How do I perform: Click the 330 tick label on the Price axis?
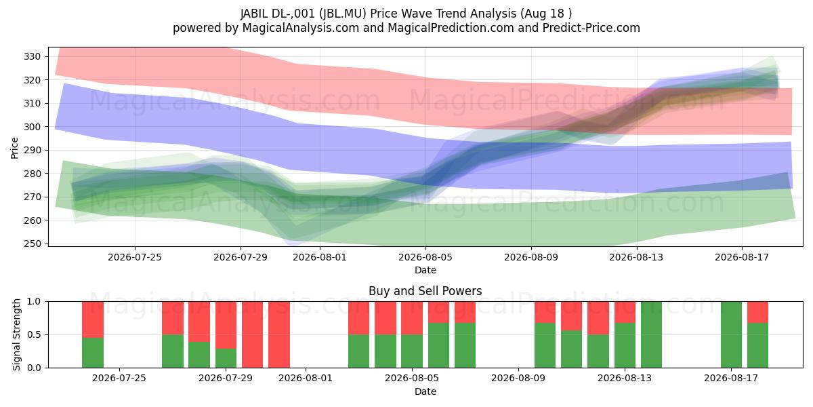pyautogui.click(x=32, y=57)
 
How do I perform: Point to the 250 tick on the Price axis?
pyautogui.click(x=32, y=244)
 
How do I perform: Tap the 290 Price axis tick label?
pyautogui.click(x=32, y=150)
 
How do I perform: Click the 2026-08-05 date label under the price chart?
pyautogui.click(x=425, y=257)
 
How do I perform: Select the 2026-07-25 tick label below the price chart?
pyautogui.click(x=135, y=257)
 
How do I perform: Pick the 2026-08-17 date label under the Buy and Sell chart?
pyautogui.click(x=731, y=379)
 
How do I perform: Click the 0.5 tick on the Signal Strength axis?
pyautogui.click(x=34, y=334)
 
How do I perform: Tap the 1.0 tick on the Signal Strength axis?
pyautogui.click(x=34, y=302)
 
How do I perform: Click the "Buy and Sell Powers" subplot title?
pyautogui.click(x=425, y=291)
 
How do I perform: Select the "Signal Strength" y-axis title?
pyautogui.click(x=16, y=334)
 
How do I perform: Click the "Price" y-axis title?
pyautogui.click(x=14, y=148)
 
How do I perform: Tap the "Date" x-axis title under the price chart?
pyautogui.click(x=425, y=270)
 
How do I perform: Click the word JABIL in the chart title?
pyautogui.click(x=254, y=14)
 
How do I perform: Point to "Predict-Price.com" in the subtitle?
pyautogui.click(x=591, y=28)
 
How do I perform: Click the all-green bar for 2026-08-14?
pyautogui.click(x=652, y=334)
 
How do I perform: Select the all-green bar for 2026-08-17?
pyautogui.click(x=731, y=334)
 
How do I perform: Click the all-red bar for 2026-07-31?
pyautogui.click(x=279, y=334)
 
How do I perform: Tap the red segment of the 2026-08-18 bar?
pyautogui.click(x=758, y=312)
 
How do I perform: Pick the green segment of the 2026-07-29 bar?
pyautogui.click(x=226, y=358)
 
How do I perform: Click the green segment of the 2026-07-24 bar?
pyautogui.click(x=93, y=353)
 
